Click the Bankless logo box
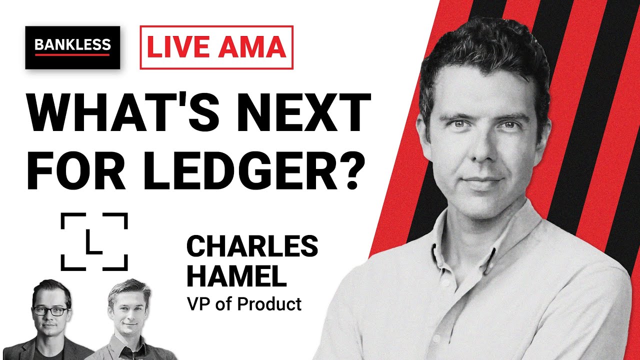pos(72,47)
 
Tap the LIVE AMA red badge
pos(216,47)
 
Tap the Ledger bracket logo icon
pos(94,241)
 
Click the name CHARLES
pos(252,246)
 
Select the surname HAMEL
pos(236,275)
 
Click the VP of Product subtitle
pos(244,303)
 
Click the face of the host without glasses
pos(129,310)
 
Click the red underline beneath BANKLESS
pos(72,54)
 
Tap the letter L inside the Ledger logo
pos(93,242)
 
